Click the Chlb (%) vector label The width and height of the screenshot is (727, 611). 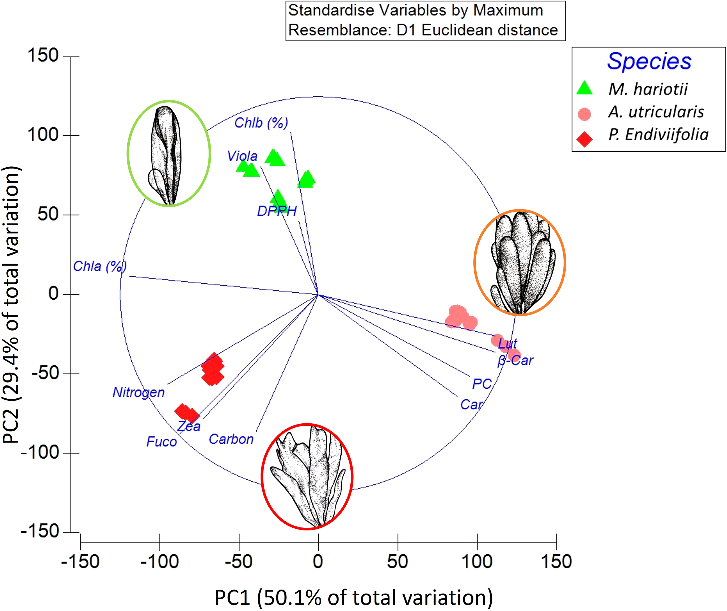click(261, 123)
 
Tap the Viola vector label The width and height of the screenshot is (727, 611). click(242, 156)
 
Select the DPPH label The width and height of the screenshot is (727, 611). click(277, 211)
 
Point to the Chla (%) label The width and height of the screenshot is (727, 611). click(100, 266)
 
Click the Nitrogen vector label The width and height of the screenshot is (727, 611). click(138, 392)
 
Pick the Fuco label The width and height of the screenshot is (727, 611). click(161, 442)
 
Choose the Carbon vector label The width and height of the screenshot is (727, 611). click(231, 439)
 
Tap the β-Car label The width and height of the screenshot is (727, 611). click(516, 360)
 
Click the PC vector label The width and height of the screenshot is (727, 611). click(482, 384)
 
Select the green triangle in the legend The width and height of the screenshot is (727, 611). click(585, 88)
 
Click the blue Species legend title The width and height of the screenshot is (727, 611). click(649, 62)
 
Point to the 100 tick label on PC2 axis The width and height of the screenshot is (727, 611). click(43, 135)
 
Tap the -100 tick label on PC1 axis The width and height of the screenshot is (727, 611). click(159, 562)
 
